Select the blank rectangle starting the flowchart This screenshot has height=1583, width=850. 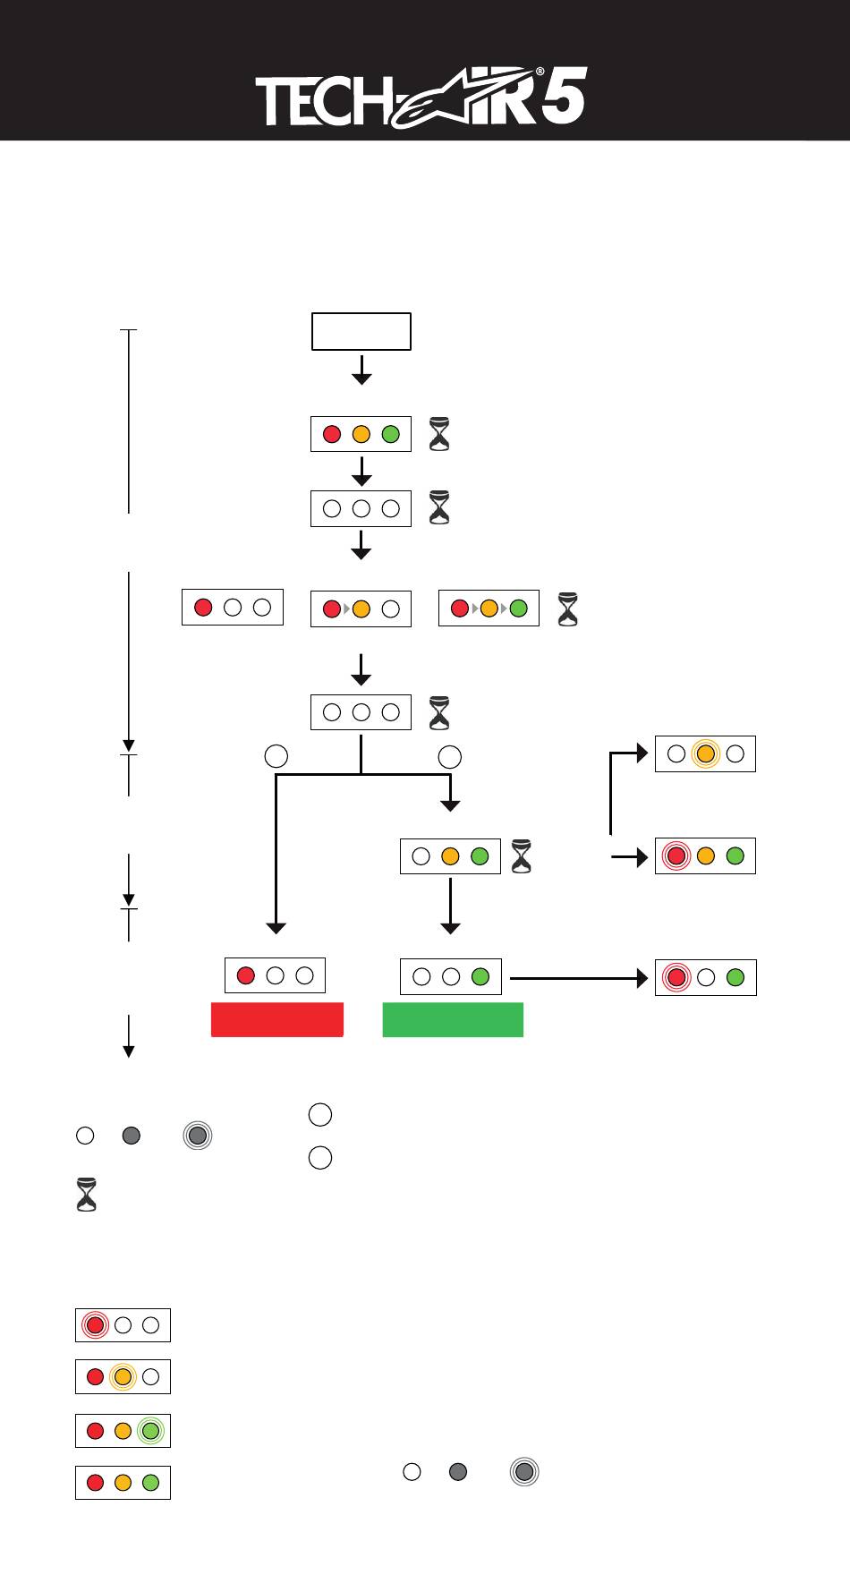[361, 331]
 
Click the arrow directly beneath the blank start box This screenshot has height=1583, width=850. [361, 370]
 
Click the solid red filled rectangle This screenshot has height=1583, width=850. [277, 1019]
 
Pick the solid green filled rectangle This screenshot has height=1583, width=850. [453, 1019]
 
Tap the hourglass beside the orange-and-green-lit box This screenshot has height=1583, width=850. [521, 856]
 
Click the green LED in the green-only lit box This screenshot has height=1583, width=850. [480, 976]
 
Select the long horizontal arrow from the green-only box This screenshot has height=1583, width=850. [578, 978]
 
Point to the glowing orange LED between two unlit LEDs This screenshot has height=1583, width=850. [706, 754]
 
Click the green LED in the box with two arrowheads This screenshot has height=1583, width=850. [518, 609]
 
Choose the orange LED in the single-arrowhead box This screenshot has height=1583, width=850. [361, 609]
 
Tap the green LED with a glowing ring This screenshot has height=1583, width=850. [151, 1431]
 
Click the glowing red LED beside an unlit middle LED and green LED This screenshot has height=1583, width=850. [676, 977]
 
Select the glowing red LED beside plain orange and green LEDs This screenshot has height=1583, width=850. [676, 856]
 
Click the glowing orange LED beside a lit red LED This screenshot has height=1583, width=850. [123, 1377]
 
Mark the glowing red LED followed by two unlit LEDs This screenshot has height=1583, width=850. [95, 1324]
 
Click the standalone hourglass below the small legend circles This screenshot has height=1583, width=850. [87, 1196]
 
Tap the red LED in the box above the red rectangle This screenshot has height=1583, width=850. [245, 975]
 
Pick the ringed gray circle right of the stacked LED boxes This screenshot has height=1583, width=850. [524, 1472]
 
